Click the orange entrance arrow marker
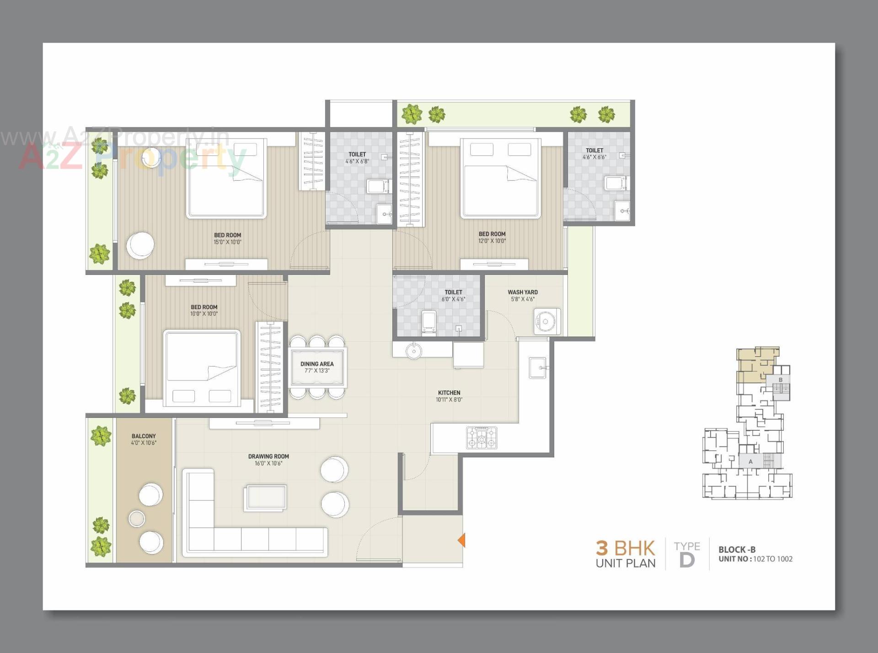coord(461,540)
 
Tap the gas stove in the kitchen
coord(482,438)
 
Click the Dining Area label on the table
coord(317,367)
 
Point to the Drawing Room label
coord(268,460)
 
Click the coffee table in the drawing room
coord(266,498)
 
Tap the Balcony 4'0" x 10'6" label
coord(144,439)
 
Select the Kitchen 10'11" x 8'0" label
coord(449,396)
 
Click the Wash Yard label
coord(522,295)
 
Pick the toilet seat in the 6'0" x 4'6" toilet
coord(428,321)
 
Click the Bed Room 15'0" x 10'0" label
coord(227,238)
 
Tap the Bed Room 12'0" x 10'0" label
coord(492,237)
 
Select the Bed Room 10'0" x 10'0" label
coord(204,310)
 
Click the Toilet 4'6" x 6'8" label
coord(357,158)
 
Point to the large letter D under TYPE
coord(687,560)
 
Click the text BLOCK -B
coord(737,550)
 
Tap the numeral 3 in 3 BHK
coord(602,548)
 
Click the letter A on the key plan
coord(750,461)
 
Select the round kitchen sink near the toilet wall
coord(414,351)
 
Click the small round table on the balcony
coord(137,519)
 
